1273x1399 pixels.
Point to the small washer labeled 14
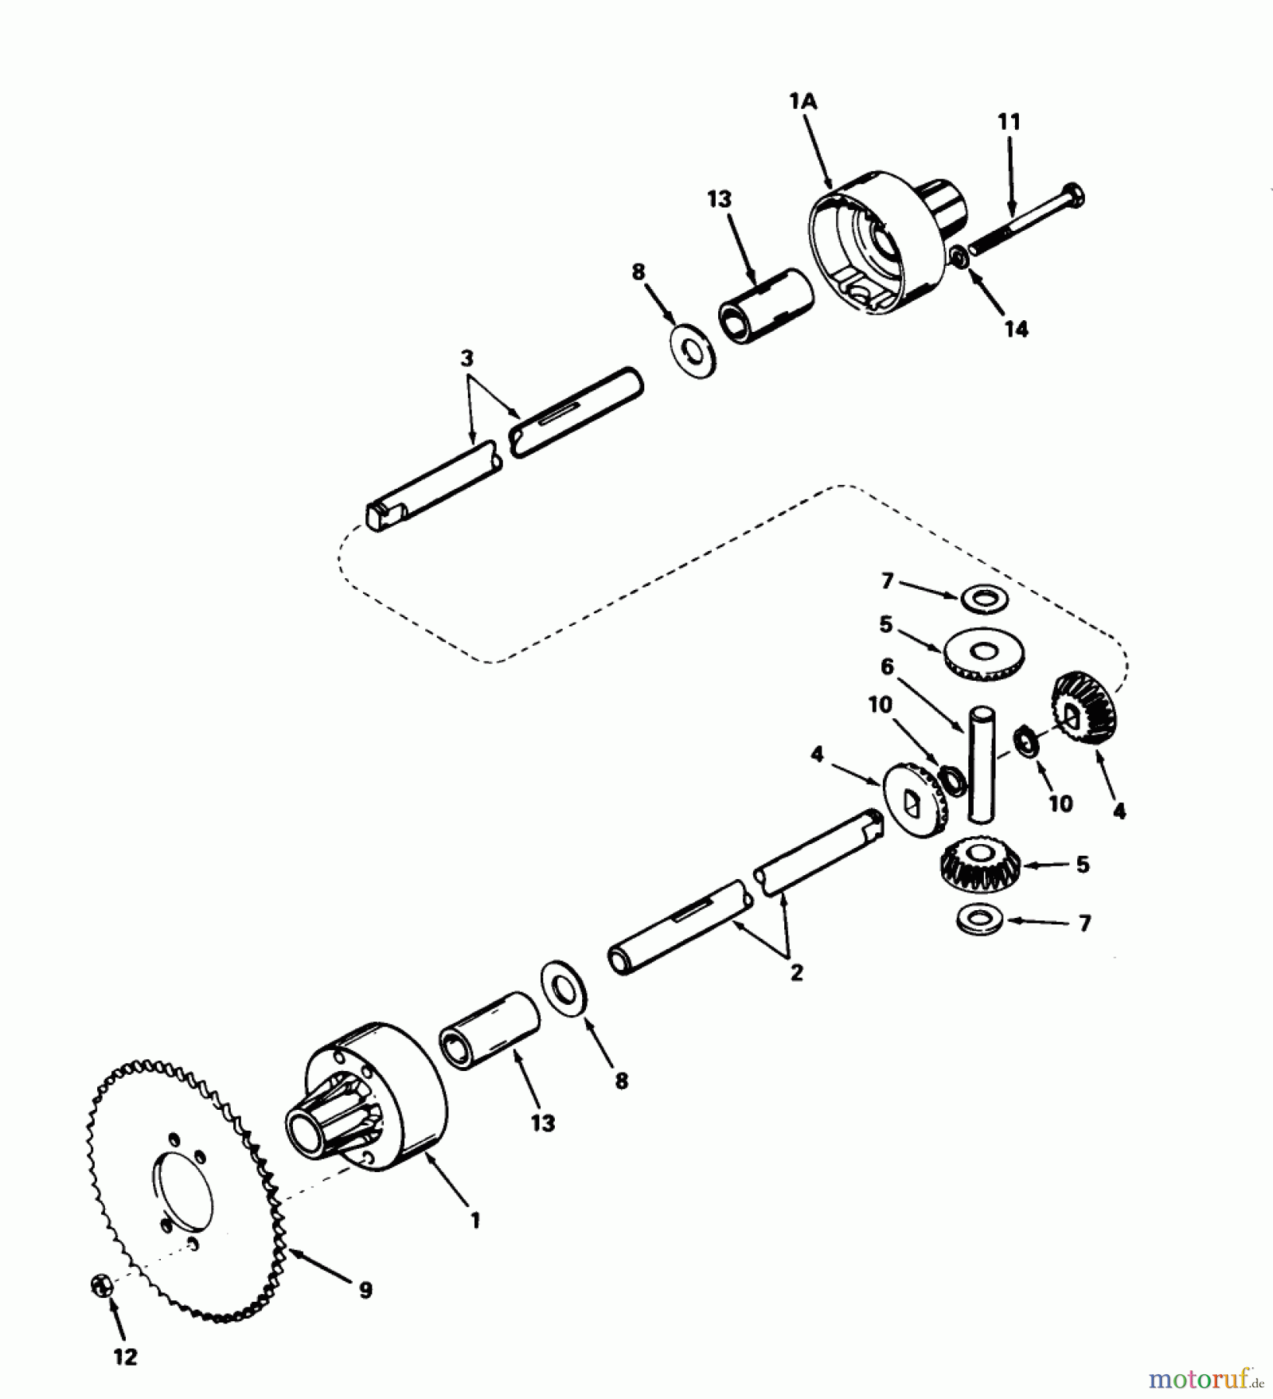click(960, 255)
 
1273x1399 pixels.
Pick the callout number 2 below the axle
click(797, 972)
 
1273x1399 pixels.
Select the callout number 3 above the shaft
click(466, 359)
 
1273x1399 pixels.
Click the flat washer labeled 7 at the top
click(984, 598)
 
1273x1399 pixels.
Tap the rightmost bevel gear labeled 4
click(1082, 710)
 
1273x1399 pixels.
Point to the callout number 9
click(365, 1290)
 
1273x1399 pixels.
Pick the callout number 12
click(124, 1357)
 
